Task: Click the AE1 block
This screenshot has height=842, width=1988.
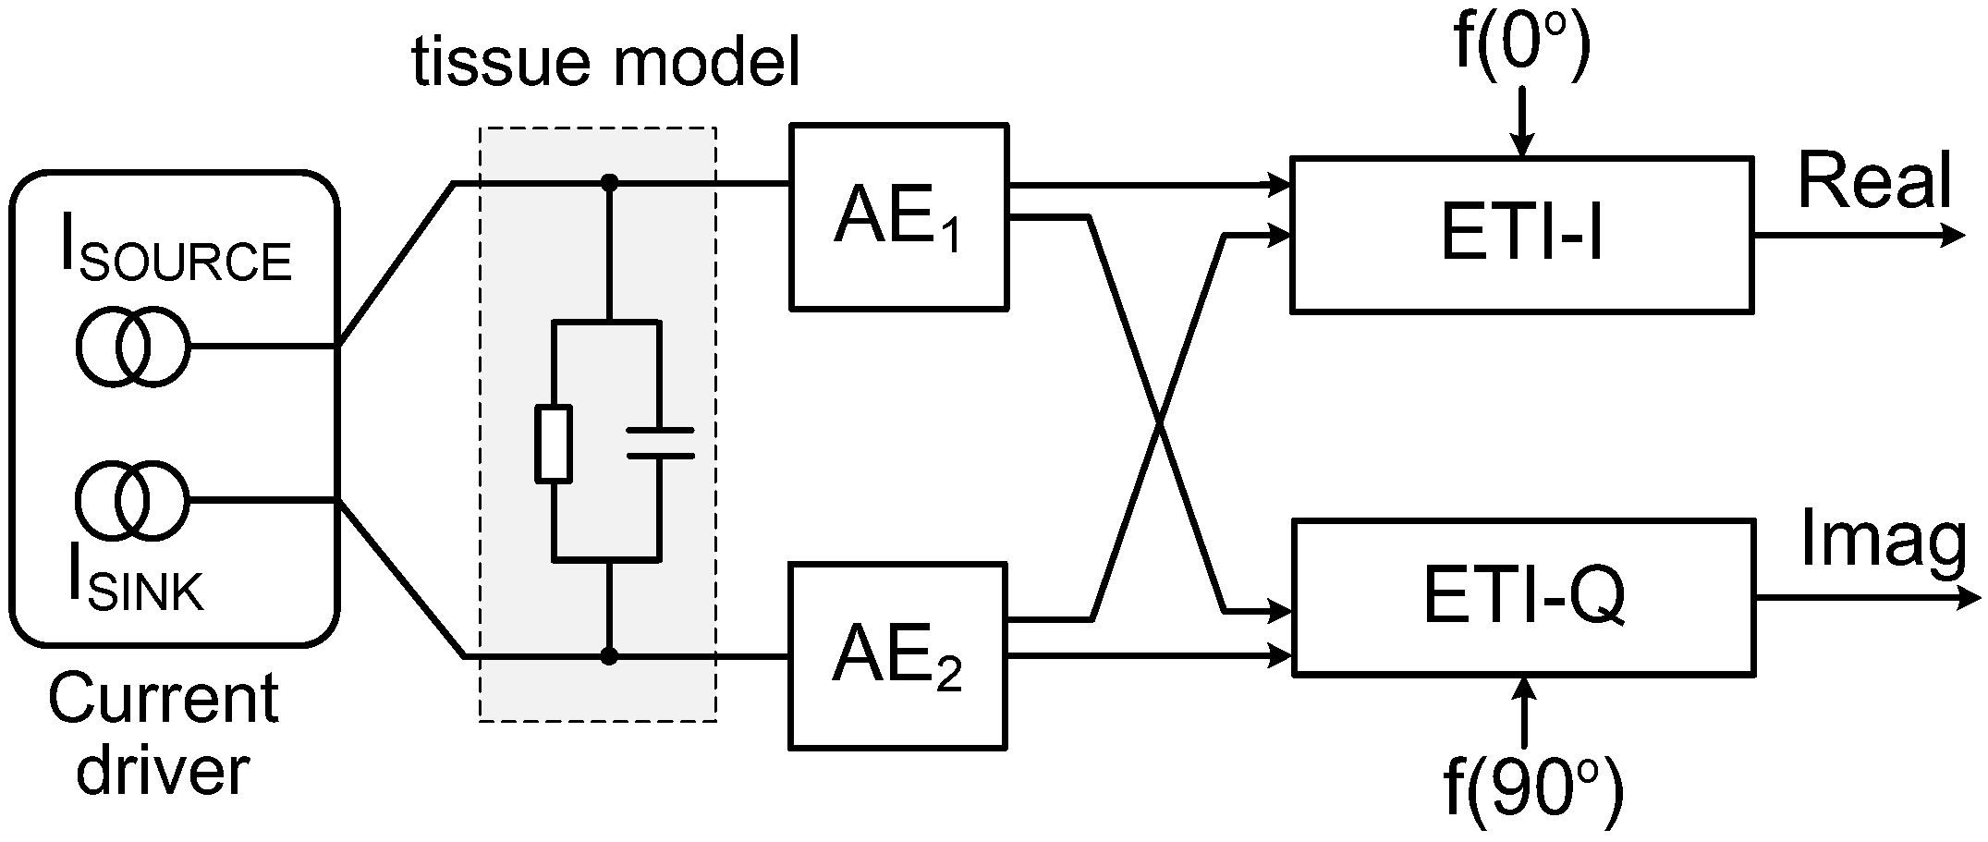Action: coord(897,217)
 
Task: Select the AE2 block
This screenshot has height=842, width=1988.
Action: coord(897,655)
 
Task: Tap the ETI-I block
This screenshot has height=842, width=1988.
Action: coord(1521,235)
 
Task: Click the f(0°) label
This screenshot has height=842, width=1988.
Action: coord(1521,42)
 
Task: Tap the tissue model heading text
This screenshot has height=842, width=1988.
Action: coord(605,63)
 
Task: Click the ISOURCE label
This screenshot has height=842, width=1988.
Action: coord(176,250)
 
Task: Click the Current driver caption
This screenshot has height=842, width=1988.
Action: coord(164,735)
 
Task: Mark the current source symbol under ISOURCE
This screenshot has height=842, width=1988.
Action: coord(132,348)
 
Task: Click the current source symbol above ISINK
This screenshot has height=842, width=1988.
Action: coord(132,502)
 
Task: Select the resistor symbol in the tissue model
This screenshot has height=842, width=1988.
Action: coord(553,444)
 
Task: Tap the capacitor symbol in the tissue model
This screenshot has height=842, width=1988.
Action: coord(659,443)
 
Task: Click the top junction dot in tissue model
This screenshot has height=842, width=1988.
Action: coord(608,184)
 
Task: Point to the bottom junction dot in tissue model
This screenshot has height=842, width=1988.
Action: coord(608,656)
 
